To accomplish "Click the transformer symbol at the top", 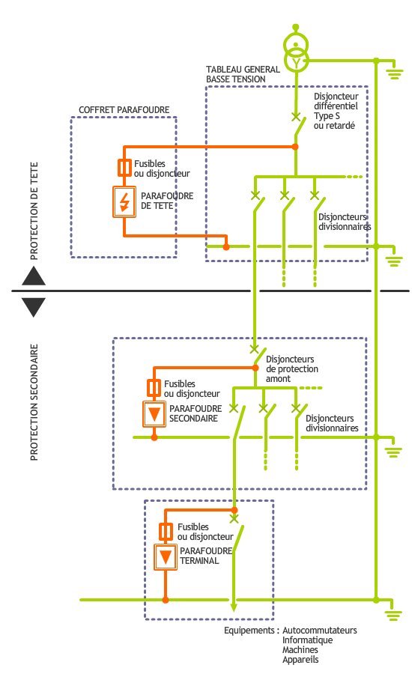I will [x=297, y=52].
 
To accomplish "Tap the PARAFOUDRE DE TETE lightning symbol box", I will [x=124, y=201].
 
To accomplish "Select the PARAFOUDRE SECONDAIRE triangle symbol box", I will [x=154, y=413].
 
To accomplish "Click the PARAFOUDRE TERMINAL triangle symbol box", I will [x=166, y=556].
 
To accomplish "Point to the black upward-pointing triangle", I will [x=34, y=276].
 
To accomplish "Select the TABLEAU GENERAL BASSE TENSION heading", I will [x=243, y=73].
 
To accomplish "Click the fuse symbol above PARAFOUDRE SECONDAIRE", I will [x=154, y=387].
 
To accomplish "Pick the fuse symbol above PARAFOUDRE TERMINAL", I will [x=166, y=531].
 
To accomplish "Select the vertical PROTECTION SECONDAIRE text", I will [x=34, y=402].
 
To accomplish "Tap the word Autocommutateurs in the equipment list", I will [x=319, y=631].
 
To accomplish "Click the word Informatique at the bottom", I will [x=307, y=640].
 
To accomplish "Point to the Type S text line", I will [x=327, y=116].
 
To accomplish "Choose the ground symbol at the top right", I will [x=393, y=73].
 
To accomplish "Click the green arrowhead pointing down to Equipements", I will [x=234, y=607].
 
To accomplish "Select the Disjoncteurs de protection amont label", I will [x=291, y=368].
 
